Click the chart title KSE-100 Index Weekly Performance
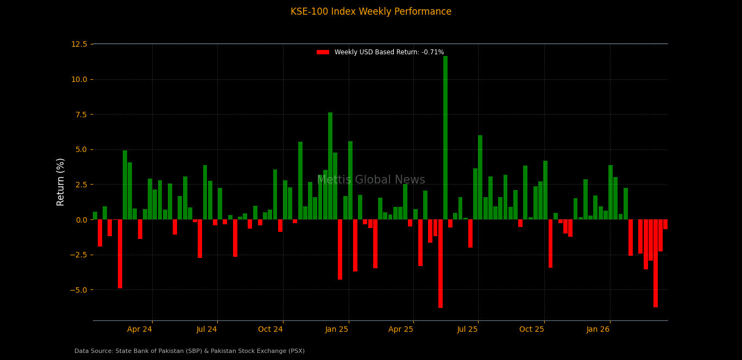point(371,12)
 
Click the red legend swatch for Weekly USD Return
point(323,52)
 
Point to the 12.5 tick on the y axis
point(79,44)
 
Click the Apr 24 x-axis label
point(140,329)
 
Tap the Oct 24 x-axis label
point(270,329)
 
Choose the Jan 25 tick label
point(337,329)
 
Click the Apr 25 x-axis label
point(401,329)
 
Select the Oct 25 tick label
point(531,329)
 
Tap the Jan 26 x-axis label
point(598,329)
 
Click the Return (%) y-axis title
point(61,182)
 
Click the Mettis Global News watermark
point(371,180)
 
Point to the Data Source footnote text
point(190,351)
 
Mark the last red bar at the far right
point(665,224)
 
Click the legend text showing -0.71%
point(389,52)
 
